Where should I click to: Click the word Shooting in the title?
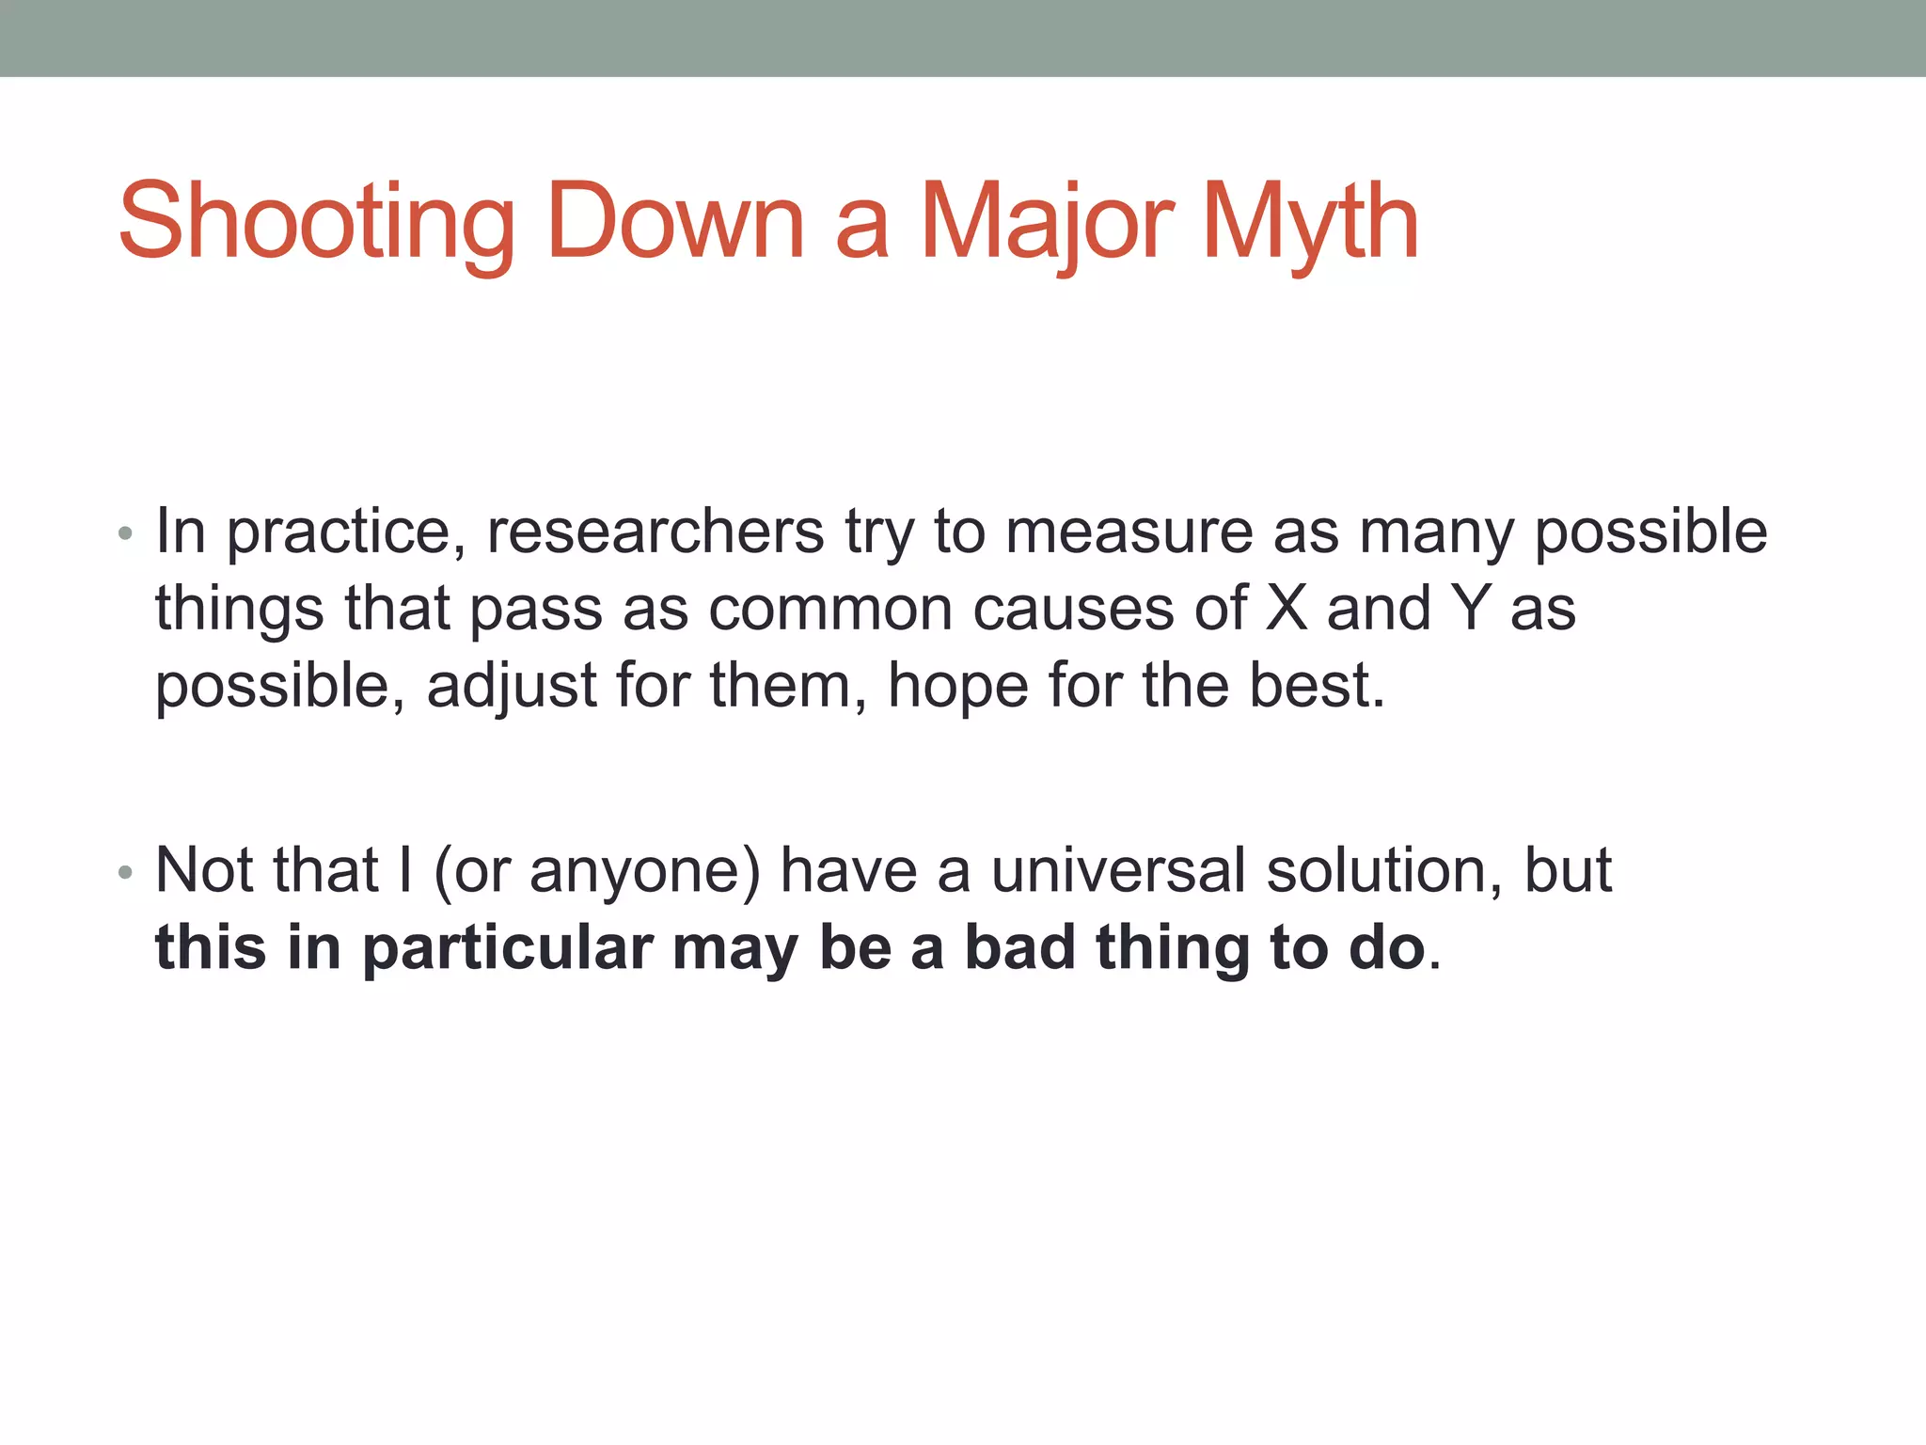(x=316, y=223)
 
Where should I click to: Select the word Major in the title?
(x=1048, y=223)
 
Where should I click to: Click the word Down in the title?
(x=675, y=223)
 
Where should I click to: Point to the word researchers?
(x=655, y=532)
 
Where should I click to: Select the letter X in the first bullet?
(x=1287, y=609)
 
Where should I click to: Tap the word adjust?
(x=512, y=686)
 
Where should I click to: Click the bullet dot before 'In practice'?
(x=125, y=535)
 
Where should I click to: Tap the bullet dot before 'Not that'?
(x=125, y=874)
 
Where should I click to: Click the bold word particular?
(x=508, y=947)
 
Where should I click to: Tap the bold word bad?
(x=1020, y=947)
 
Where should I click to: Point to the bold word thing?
(x=1172, y=947)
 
